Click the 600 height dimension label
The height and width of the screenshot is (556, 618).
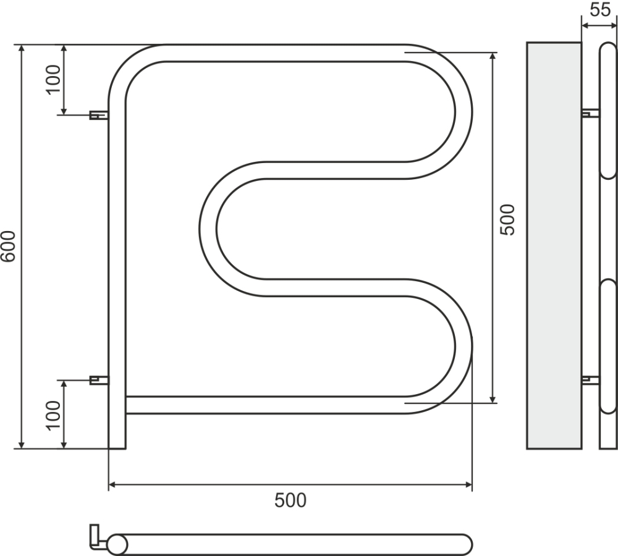coord(8,246)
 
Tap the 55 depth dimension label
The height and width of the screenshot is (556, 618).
coord(600,10)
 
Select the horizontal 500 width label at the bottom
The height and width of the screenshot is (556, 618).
coord(290,500)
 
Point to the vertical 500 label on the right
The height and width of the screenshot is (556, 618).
coord(507,220)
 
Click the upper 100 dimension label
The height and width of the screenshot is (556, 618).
coord(54,80)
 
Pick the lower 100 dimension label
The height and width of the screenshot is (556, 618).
coord(54,415)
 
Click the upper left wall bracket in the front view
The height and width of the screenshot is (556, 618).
coord(99,115)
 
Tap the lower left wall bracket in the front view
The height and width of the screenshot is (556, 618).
coord(99,381)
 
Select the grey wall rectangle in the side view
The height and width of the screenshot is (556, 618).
coord(554,245)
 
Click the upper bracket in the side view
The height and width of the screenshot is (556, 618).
coord(590,113)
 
